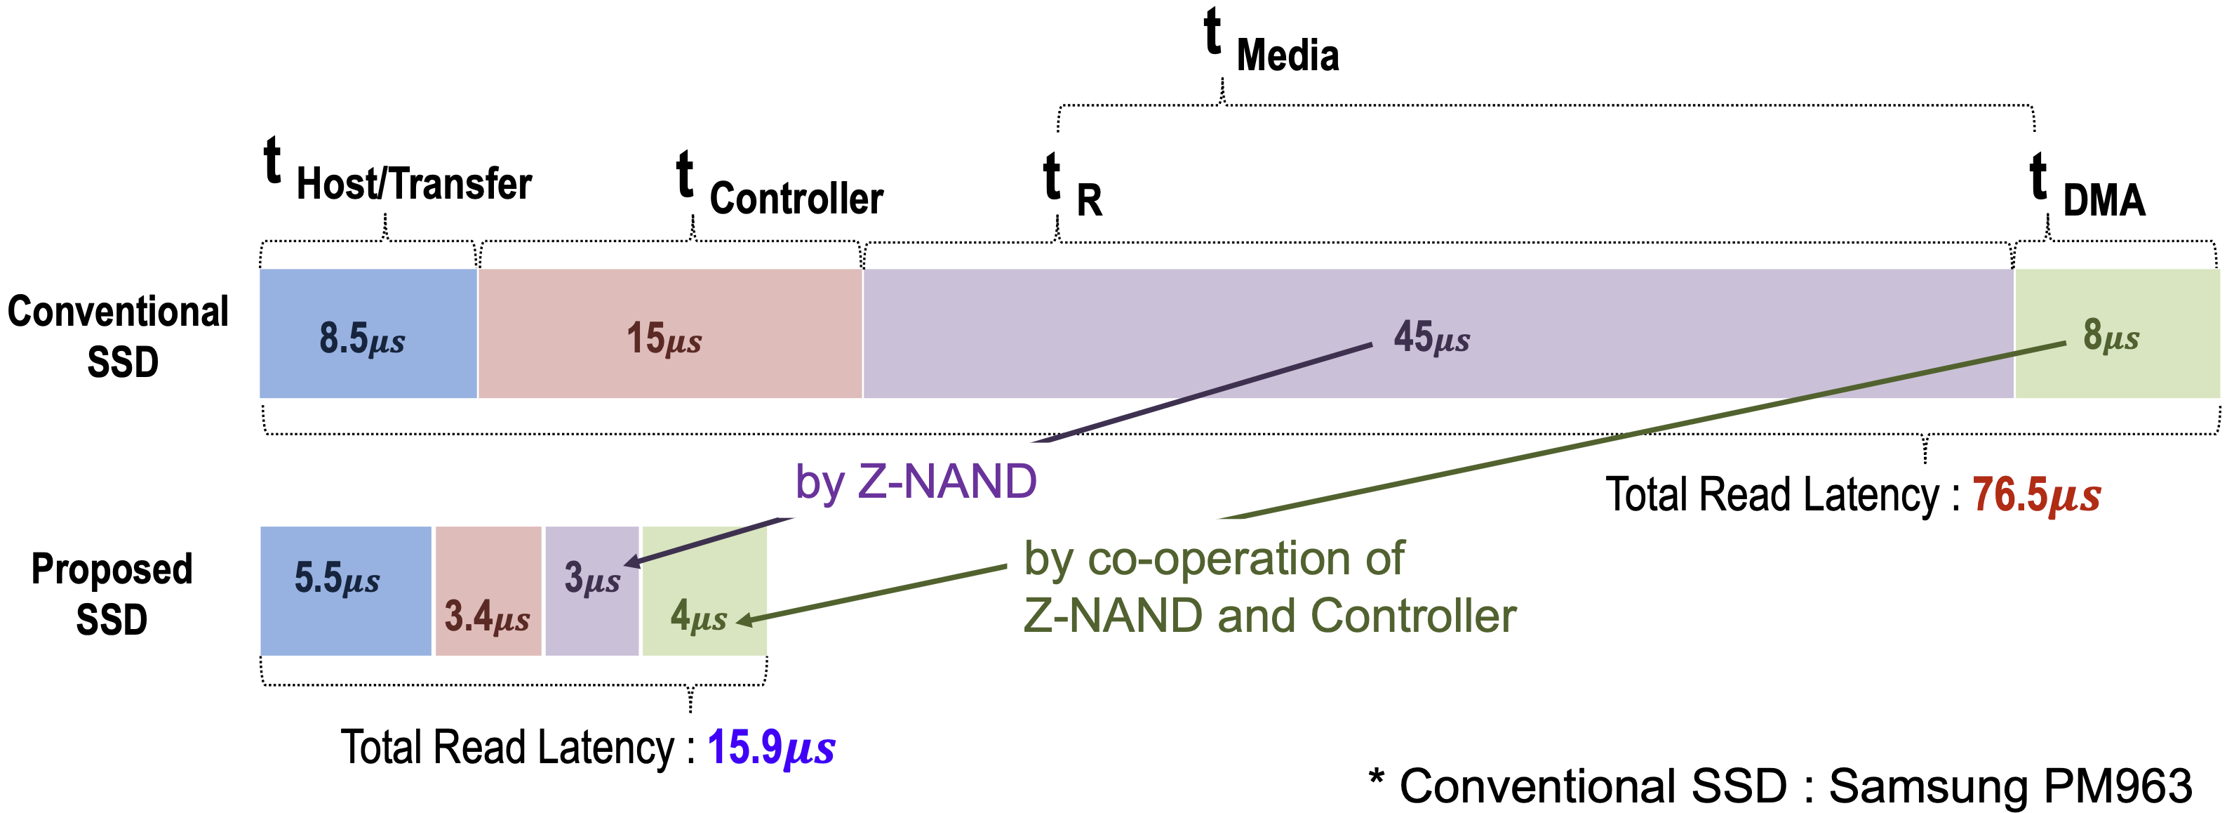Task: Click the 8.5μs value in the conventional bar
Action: click(x=361, y=337)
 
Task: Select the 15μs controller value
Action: click(x=664, y=337)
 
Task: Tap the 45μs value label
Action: click(x=1431, y=336)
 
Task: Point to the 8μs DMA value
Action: click(x=2111, y=335)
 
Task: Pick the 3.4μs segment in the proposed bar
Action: click(x=487, y=616)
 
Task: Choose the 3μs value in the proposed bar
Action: click(x=592, y=578)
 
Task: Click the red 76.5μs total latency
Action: click(x=2036, y=496)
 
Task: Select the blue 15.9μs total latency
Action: click(x=771, y=747)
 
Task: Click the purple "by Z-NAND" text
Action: click(x=916, y=481)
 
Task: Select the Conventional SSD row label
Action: click(x=119, y=336)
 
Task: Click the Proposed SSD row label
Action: click(x=112, y=593)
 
